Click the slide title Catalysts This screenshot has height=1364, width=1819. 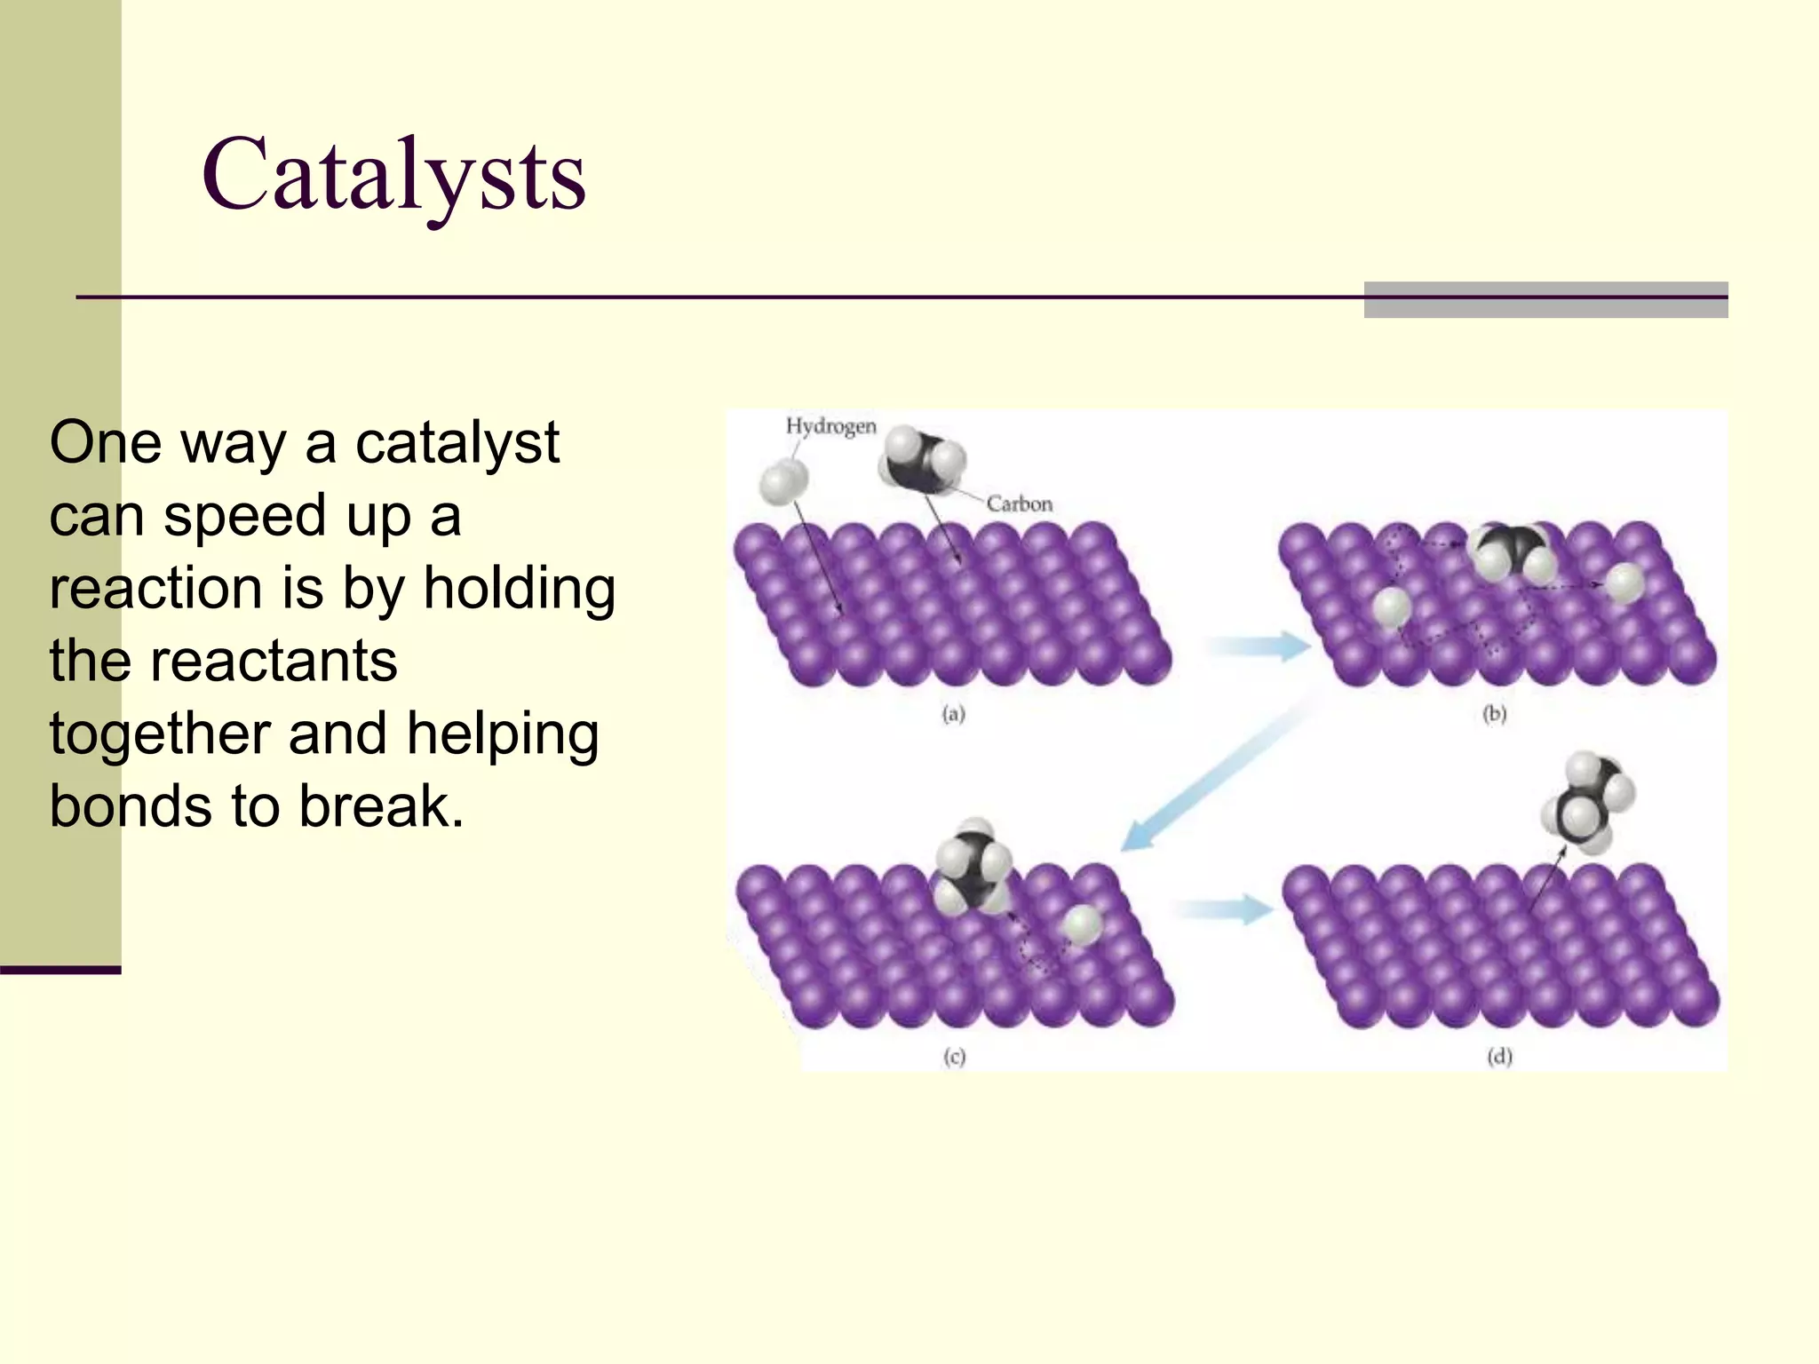393,175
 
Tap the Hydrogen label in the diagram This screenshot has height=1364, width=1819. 830,426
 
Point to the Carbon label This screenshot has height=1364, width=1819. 1019,504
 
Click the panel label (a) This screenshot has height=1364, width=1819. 953,714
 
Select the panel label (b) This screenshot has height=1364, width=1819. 1495,714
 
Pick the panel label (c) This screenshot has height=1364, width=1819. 954,1057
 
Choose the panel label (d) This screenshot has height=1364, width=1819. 1499,1057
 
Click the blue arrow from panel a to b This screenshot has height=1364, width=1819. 1259,646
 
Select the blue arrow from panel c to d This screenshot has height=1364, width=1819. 1224,908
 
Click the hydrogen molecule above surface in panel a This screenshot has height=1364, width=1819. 783,481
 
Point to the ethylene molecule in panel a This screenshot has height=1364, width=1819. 922,460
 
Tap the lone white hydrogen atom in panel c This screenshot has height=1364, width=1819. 1082,924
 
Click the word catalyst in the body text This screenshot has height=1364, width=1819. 457,442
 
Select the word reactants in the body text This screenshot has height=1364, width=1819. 273,661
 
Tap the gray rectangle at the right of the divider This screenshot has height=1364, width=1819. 1545,299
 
